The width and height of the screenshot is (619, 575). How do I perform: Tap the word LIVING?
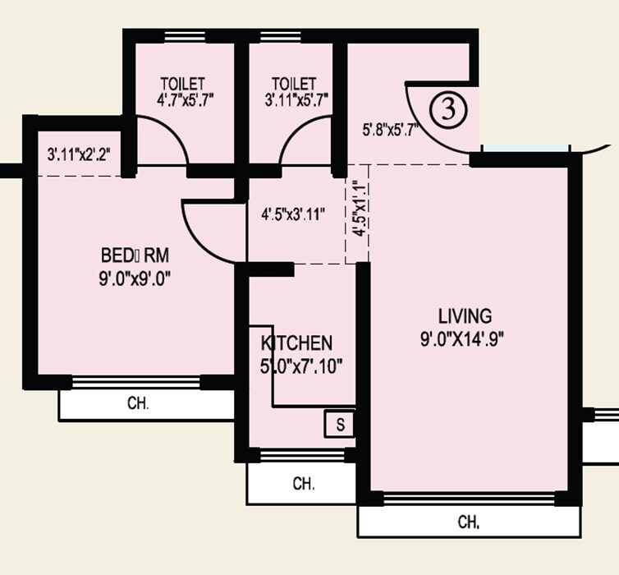point(465,315)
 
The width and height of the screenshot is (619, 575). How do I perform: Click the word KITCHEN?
point(296,343)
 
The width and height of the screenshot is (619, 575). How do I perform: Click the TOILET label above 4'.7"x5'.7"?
point(182,84)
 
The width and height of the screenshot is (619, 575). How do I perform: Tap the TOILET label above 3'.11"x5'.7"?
point(293,84)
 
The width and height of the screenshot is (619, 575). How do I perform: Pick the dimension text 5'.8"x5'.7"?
point(391,129)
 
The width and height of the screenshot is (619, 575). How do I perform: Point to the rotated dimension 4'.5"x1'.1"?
point(358,209)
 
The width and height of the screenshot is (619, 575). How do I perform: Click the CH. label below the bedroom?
point(138,403)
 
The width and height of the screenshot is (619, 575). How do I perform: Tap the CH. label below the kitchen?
point(304,484)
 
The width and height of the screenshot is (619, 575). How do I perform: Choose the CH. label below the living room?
point(469,522)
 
